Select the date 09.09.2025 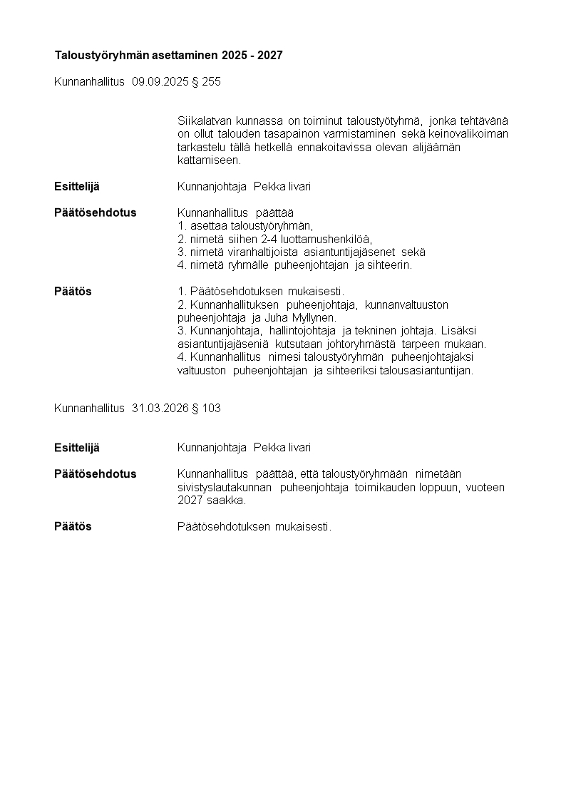pos(159,82)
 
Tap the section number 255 pos(211,82)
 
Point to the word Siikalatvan pos(205,121)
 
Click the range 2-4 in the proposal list pos(268,239)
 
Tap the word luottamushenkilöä pos(326,239)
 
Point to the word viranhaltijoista pos(262,252)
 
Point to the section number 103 pos(211,409)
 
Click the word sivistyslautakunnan pos(224,488)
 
